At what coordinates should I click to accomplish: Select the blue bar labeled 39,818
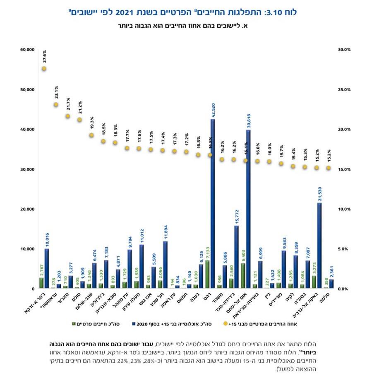click(248, 209)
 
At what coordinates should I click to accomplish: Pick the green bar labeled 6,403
click(243, 276)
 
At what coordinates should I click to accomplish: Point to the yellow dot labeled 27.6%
click(44, 69)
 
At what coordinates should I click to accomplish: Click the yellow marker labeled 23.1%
click(56, 105)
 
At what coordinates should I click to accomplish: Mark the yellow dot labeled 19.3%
click(91, 135)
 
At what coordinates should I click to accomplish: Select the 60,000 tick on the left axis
click(27, 50)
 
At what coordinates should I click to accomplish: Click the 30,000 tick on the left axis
click(27, 169)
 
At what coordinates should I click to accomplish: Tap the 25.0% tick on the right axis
click(345, 89)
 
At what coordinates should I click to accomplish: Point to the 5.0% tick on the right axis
click(345, 249)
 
